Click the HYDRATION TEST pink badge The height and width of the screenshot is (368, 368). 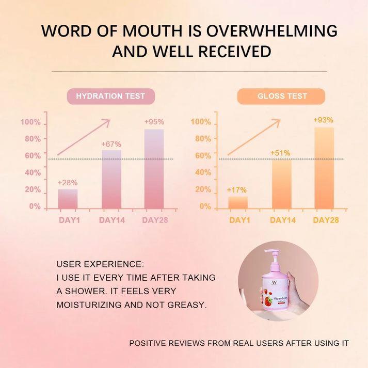(110, 96)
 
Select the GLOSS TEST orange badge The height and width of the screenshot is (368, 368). (281, 96)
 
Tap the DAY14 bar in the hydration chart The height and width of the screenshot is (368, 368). (111, 179)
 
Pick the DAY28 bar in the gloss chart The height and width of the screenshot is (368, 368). (324, 168)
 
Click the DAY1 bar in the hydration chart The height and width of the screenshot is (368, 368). (68, 199)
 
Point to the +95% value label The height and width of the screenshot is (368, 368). (154, 122)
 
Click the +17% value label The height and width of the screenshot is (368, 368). (237, 190)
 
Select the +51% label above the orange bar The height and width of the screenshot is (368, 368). (280, 153)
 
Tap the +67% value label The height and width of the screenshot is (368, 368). (111, 143)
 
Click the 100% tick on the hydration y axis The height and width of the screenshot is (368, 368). (30, 122)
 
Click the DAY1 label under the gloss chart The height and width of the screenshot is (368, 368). (239, 220)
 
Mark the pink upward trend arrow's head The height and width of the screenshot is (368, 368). (107, 122)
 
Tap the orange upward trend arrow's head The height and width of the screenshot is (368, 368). (277, 122)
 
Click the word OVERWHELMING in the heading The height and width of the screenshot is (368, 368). (271, 30)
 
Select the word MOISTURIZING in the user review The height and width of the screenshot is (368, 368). (89, 305)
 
